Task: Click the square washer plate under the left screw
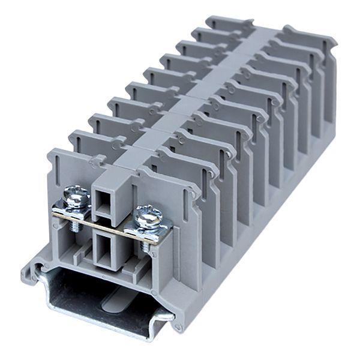point(71,207)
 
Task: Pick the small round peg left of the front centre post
point(92,161)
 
